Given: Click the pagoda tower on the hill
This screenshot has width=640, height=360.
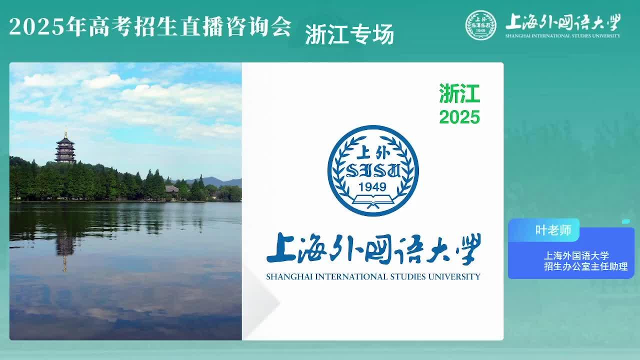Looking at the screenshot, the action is [65, 148].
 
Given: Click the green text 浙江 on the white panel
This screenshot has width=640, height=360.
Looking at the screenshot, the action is [459, 93].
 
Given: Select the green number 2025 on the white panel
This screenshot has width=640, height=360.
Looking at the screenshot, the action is [459, 117].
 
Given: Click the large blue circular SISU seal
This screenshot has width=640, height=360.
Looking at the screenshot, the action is [373, 170].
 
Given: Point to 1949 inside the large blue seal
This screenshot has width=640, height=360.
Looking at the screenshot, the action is [372, 187].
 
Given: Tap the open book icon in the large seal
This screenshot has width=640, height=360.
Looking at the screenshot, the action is [373, 201].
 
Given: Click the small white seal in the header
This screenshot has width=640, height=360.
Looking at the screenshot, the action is [481, 25].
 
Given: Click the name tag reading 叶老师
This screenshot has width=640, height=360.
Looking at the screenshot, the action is [553, 230].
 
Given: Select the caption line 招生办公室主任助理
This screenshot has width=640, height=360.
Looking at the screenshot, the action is [585, 266].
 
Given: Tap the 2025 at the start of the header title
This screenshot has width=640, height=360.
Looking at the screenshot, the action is [36, 27].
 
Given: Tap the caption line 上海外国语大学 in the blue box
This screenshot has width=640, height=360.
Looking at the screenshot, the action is [576, 255].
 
